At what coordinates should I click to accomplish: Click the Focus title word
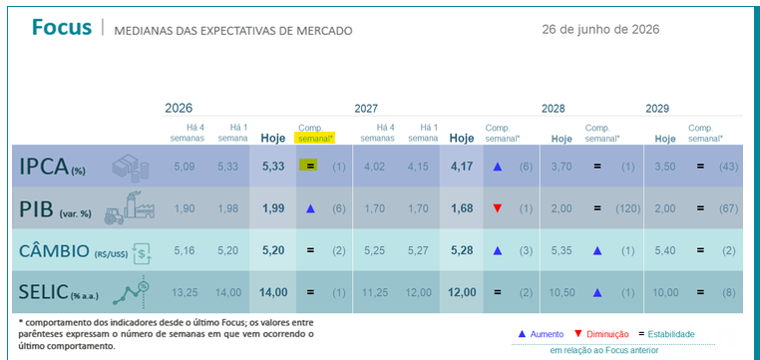pyautogui.click(x=62, y=28)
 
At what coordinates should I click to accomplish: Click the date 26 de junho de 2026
pyautogui.click(x=600, y=30)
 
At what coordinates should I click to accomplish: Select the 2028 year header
pyautogui.click(x=553, y=109)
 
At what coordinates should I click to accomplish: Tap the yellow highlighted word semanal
pyautogui.click(x=315, y=138)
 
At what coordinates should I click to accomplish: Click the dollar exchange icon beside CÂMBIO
pyautogui.click(x=143, y=252)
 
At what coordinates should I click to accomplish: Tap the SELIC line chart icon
pyautogui.click(x=131, y=291)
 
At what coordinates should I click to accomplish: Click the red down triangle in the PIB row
pyautogui.click(x=498, y=208)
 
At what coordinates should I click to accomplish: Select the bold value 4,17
pyautogui.click(x=462, y=167)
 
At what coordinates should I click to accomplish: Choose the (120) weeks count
pyautogui.click(x=627, y=208)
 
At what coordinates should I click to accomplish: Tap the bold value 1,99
pyautogui.click(x=273, y=208)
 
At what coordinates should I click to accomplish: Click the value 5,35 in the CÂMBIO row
pyautogui.click(x=562, y=251)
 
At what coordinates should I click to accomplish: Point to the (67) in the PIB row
pyautogui.click(x=728, y=208)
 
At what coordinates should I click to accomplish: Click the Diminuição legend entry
pyautogui.click(x=601, y=334)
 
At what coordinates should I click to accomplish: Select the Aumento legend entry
pyautogui.click(x=541, y=334)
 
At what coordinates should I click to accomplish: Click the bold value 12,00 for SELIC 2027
pyautogui.click(x=462, y=292)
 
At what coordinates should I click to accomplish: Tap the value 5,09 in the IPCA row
pyautogui.click(x=184, y=167)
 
